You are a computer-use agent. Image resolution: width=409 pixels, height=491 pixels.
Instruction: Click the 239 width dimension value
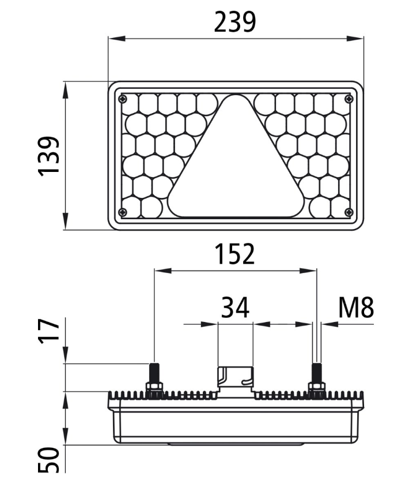pyautogui.click(x=235, y=22)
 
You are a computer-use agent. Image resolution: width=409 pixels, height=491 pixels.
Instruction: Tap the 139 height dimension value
pyautogui.click(x=49, y=156)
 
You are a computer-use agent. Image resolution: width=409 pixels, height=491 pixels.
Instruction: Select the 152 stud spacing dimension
pyautogui.click(x=235, y=254)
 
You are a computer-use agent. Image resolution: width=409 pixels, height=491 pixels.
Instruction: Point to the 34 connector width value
pyautogui.click(x=235, y=308)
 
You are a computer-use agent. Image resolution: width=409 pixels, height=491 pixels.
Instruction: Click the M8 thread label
pyautogui.click(x=356, y=308)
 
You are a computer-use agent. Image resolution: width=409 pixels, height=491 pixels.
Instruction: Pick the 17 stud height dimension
pyautogui.click(x=49, y=331)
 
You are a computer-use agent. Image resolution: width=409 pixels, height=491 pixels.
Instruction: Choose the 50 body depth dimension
pyautogui.click(x=49, y=460)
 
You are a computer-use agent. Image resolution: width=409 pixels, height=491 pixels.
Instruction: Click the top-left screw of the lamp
pyautogui.click(x=123, y=100)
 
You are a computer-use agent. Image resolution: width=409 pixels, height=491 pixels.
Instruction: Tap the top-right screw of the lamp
pyautogui.click(x=349, y=100)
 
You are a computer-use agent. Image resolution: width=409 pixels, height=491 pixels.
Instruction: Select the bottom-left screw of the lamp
pyautogui.click(x=123, y=212)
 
